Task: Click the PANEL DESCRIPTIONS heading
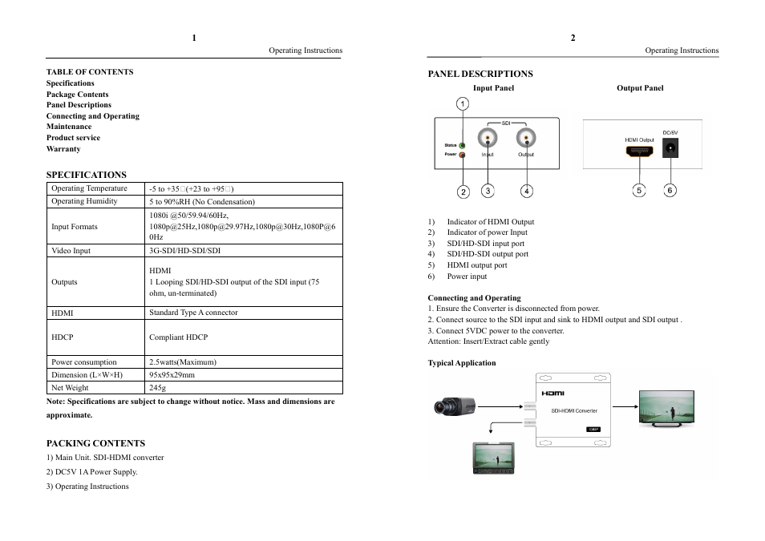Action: [x=480, y=74]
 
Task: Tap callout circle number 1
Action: [x=463, y=103]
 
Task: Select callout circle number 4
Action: [x=526, y=191]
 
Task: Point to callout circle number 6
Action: [x=670, y=190]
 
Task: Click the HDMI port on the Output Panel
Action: [x=639, y=151]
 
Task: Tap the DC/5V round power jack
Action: [x=670, y=148]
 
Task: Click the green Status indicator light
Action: [x=463, y=145]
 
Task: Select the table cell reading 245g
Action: [x=158, y=388]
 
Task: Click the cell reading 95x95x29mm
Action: [x=172, y=375]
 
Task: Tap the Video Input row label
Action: [x=71, y=251]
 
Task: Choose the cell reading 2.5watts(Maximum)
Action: [x=182, y=362]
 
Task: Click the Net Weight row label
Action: [x=70, y=388]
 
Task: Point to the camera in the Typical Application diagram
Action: [x=455, y=406]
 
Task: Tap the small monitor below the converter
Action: [x=497, y=458]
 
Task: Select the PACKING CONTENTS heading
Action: [x=95, y=443]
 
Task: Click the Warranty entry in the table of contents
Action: [x=63, y=149]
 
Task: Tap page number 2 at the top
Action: [x=573, y=38]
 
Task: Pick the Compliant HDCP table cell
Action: [x=178, y=337]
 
